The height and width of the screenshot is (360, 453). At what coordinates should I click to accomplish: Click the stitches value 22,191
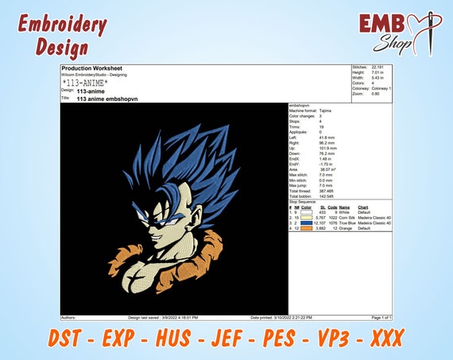(379, 68)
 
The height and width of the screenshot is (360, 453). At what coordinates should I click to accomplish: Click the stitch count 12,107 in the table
(320, 223)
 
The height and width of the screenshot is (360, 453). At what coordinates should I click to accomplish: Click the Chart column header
(364, 207)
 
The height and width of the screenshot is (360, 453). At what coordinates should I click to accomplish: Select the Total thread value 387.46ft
(327, 191)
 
